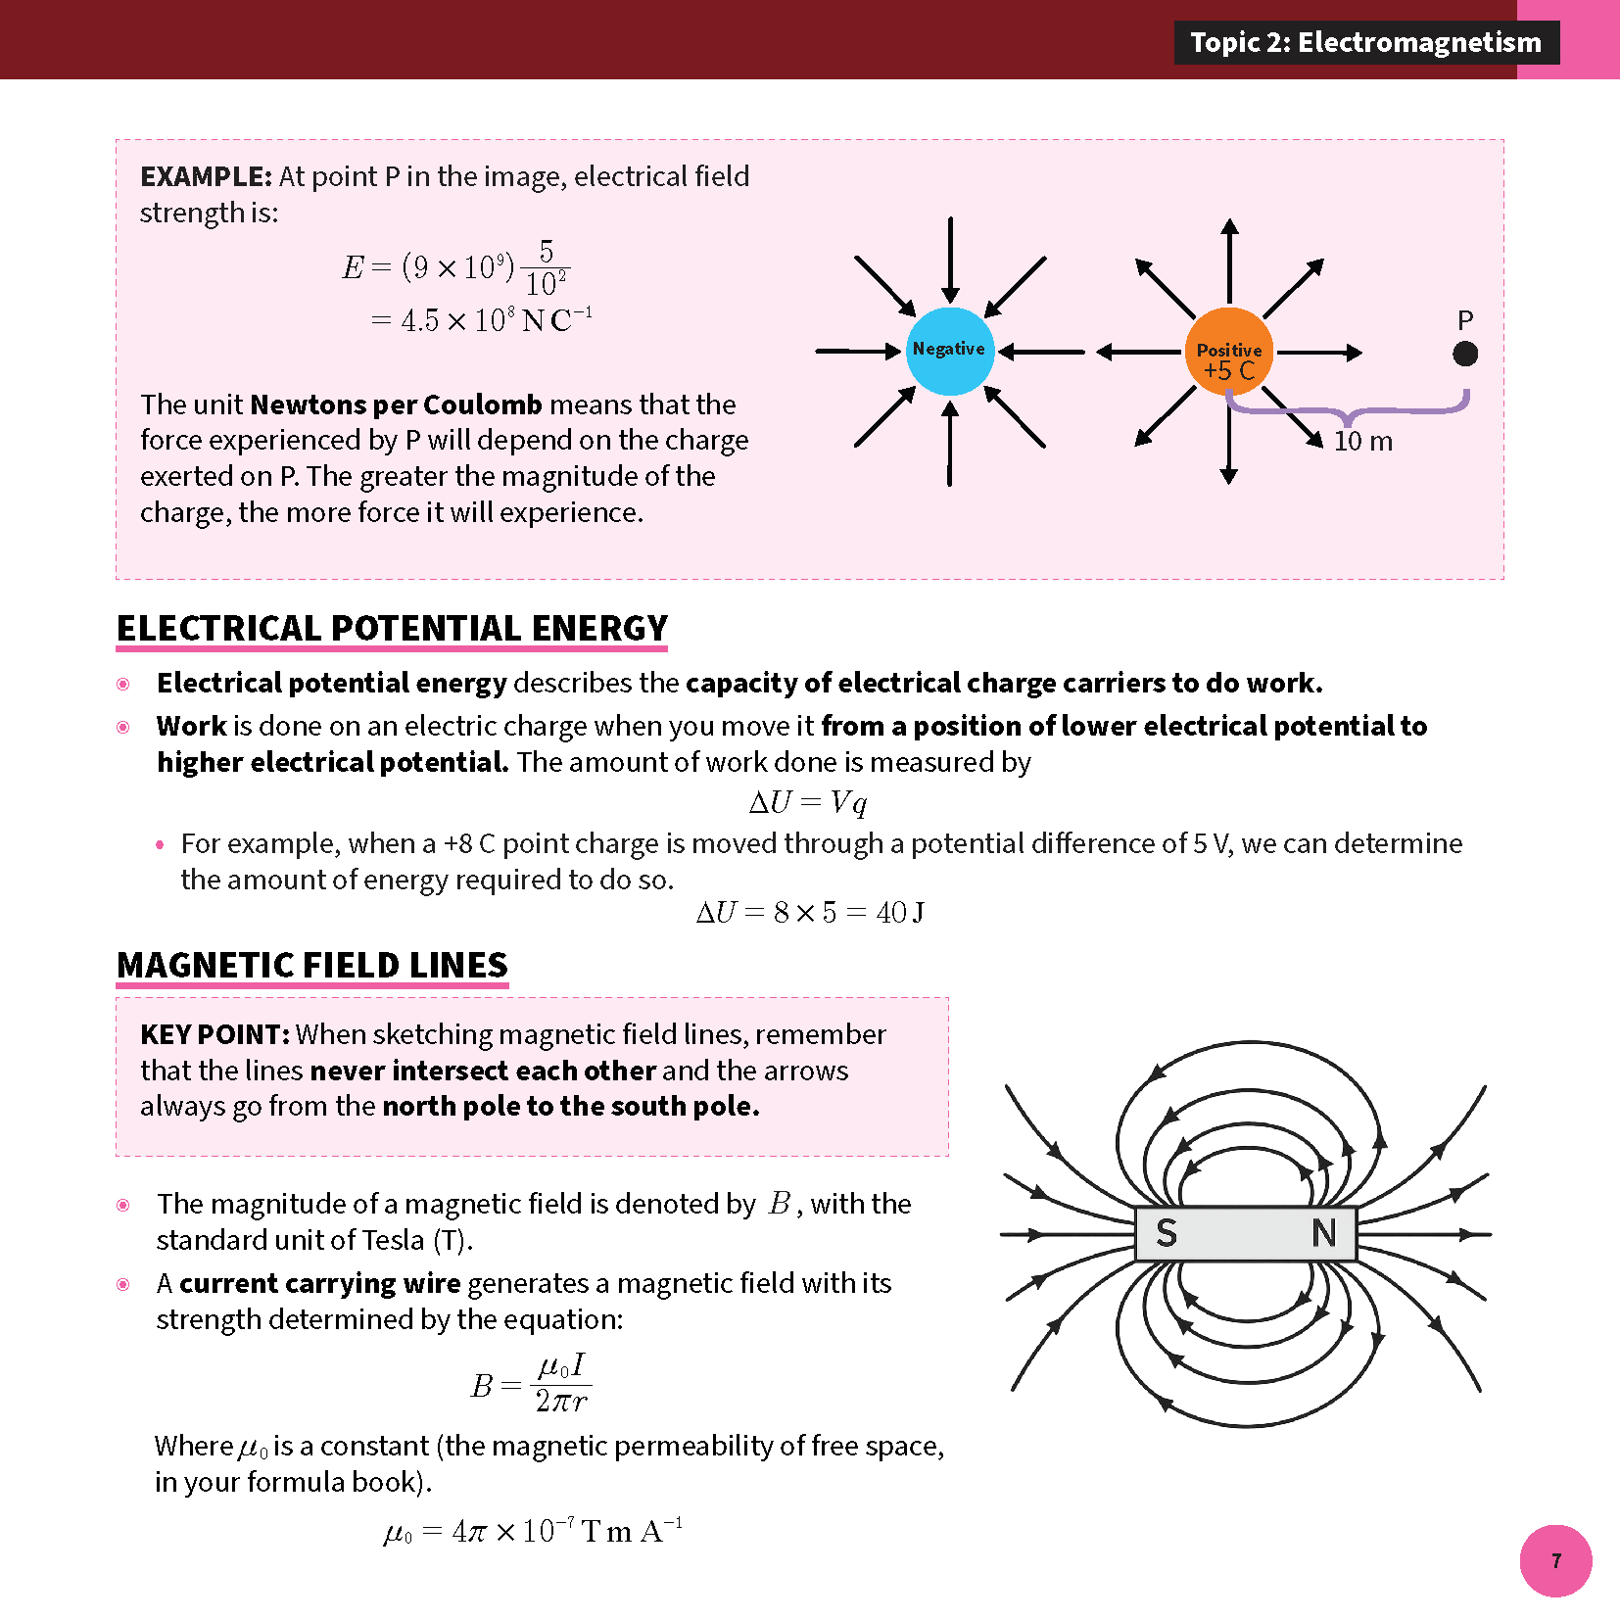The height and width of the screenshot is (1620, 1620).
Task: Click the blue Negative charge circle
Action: point(949,351)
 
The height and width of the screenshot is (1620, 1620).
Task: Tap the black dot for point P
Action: point(1464,354)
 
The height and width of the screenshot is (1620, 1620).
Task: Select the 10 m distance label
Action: point(1362,441)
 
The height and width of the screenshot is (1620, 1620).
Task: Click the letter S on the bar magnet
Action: point(1166,1233)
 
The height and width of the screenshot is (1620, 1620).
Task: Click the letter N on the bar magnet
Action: point(1323,1233)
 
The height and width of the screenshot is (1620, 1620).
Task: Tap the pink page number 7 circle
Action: point(1555,1560)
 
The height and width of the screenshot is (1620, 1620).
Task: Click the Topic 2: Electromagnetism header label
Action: point(1365,42)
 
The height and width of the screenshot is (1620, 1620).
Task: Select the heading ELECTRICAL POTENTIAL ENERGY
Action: point(392,628)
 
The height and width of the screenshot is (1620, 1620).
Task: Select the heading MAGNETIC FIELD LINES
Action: point(312,965)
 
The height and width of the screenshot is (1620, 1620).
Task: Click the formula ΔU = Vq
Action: point(808,803)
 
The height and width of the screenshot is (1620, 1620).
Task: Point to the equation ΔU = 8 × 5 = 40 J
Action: point(809,913)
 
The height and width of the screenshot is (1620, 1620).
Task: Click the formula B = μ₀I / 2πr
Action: point(531,1383)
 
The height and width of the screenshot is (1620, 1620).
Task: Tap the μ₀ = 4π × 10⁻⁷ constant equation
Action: point(533,1531)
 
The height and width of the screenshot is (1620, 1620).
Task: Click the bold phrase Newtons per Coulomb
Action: point(396,405)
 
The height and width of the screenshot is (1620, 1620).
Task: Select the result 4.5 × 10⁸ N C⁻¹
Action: point(483,320)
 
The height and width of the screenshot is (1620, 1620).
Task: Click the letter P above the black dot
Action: point(1464,320)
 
